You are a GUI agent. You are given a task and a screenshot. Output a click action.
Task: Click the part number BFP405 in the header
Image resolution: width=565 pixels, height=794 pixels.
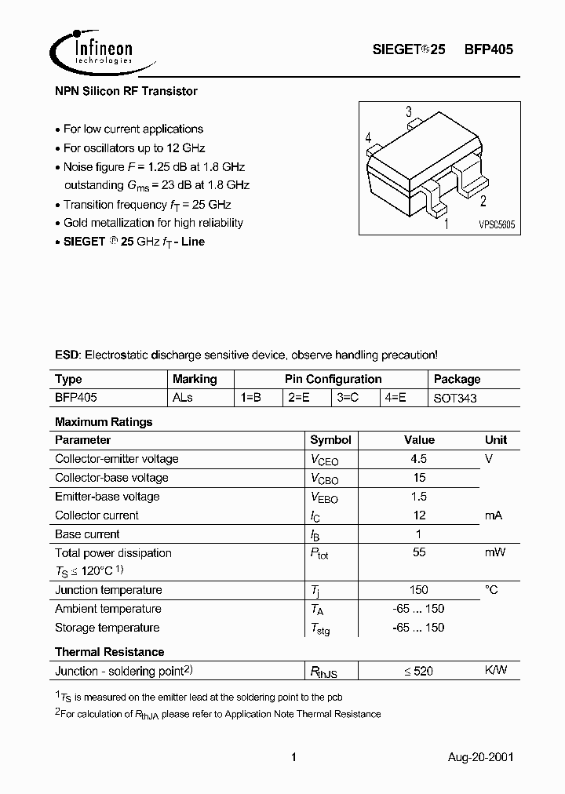[488, 49]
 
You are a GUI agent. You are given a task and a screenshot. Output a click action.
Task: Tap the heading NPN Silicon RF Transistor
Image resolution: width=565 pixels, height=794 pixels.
[126, 91]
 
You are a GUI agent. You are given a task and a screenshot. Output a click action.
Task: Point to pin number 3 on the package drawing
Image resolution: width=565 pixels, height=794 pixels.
[409, 112]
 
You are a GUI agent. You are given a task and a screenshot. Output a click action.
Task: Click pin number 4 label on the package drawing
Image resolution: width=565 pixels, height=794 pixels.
[368, 138]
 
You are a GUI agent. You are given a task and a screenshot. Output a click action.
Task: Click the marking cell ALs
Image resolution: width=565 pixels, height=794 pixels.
[183, 398]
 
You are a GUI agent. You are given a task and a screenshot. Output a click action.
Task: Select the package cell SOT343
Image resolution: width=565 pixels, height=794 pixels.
[455, 398]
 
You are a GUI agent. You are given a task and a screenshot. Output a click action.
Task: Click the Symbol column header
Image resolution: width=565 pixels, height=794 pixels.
[330, 440]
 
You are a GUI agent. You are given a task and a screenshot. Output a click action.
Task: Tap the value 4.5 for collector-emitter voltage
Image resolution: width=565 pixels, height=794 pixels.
[419, 459]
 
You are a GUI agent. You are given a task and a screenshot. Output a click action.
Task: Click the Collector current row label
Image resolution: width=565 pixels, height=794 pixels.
[97, 515]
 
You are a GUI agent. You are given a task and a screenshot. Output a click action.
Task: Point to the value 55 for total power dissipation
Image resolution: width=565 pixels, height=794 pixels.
[419, 553]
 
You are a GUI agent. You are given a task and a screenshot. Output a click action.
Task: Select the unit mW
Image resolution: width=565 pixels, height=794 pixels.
[495, 553]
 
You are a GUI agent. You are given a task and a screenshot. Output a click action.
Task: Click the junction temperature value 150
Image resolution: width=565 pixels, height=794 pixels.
[419, 590]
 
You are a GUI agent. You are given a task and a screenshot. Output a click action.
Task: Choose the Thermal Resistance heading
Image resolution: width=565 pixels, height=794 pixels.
[110, 652]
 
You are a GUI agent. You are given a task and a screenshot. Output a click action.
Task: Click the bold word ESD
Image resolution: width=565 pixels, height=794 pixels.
[67, 355]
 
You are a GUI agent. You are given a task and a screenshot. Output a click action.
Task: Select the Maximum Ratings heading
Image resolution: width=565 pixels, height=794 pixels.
[104, 421]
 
